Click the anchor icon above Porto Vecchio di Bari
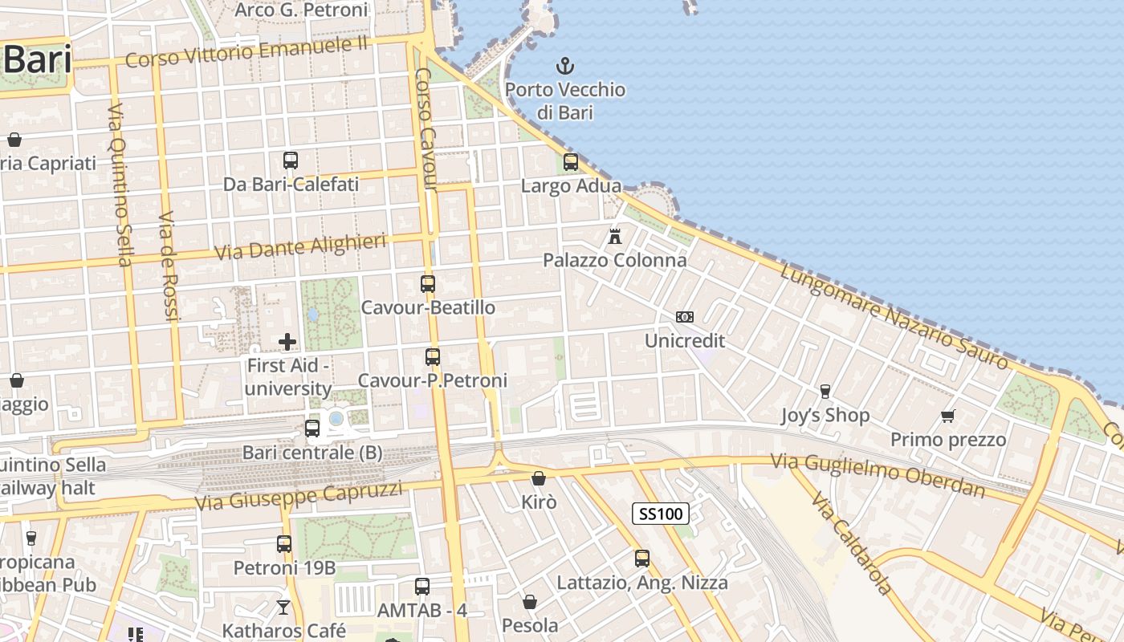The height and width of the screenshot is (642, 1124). click(565, 66)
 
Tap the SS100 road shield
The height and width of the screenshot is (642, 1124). click(660, 514)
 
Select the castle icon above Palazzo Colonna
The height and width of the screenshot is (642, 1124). click(615, 237)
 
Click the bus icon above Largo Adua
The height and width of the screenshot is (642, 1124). click(571, 162)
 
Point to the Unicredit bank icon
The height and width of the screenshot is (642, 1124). click(685, 317)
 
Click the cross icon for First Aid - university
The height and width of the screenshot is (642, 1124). click(287, 343)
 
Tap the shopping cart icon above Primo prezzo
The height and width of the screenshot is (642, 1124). click(948, 416)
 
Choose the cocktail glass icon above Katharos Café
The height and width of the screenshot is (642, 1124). click(283, 607)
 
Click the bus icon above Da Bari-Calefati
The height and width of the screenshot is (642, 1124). click(291, 160)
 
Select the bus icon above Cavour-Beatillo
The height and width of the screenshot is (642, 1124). click(428, 284)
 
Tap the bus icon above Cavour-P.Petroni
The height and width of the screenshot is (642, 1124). click(433, 357)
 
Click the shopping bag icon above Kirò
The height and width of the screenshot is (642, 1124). click(539, 479)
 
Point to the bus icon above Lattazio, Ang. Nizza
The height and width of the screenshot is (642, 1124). click(642, 559)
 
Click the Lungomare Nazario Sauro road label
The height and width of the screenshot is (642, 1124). click(894, 317)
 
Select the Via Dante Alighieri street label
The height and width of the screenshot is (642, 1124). click(300, 247)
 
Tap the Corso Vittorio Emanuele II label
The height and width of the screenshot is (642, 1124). click(246, 53)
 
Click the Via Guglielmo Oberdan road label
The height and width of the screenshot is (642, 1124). click(878, 474)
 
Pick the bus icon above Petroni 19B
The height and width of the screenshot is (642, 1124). click(284, 544)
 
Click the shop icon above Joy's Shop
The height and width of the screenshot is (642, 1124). click(825, 392)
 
